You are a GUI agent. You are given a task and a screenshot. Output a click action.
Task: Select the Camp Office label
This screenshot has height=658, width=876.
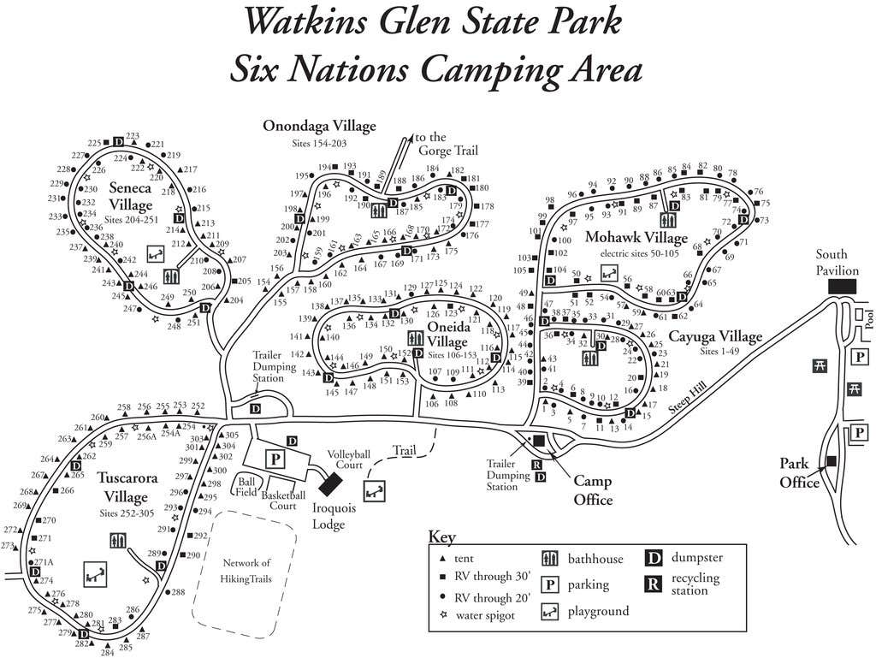(x=593, y=490)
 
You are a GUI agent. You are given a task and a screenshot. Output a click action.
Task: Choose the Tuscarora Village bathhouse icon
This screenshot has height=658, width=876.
(x=118, y=541)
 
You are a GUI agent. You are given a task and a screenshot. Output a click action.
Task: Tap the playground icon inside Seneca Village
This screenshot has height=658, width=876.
(x=155, y=254)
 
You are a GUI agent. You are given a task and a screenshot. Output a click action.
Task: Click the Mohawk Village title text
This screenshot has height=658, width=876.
(x=636, y=237)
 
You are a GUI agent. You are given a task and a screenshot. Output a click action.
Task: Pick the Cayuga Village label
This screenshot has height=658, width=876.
(x=715, y=337)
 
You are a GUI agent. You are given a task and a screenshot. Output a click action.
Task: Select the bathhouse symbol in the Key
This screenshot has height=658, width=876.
(x=551, y=559)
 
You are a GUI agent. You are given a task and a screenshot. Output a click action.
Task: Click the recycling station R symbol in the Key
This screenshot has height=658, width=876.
(x=654, y=584)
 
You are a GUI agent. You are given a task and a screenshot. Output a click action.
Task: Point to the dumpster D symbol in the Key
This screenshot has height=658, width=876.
(x=654, y=558)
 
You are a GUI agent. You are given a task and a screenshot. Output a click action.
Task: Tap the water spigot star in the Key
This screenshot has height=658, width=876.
(x=443, y=614)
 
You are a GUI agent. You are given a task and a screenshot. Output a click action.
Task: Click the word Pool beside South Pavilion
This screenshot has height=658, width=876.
(x=867, y=319)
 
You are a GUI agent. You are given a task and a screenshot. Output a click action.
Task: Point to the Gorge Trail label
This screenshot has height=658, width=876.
(x=441, y=144)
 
